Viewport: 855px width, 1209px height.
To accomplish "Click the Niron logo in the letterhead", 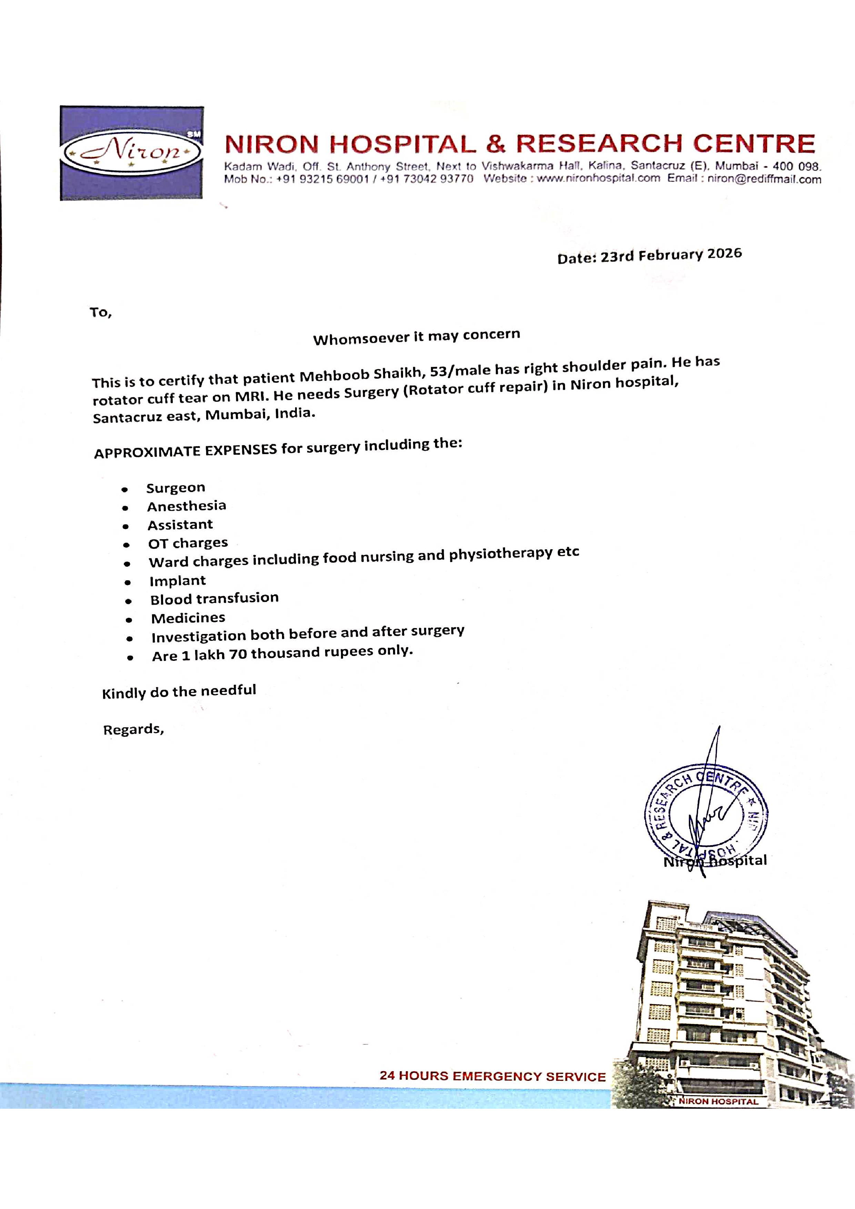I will [132, 153].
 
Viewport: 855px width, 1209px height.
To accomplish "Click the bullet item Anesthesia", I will [187, 506].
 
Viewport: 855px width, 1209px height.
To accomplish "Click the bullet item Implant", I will [178, 581].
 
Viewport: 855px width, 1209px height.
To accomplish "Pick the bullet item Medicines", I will [188, 618].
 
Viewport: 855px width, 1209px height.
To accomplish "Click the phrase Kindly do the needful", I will [179, 691].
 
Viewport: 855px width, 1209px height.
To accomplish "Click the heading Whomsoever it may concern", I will [416, 337].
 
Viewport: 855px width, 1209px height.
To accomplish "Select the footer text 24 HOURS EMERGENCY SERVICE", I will [493, 1076].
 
